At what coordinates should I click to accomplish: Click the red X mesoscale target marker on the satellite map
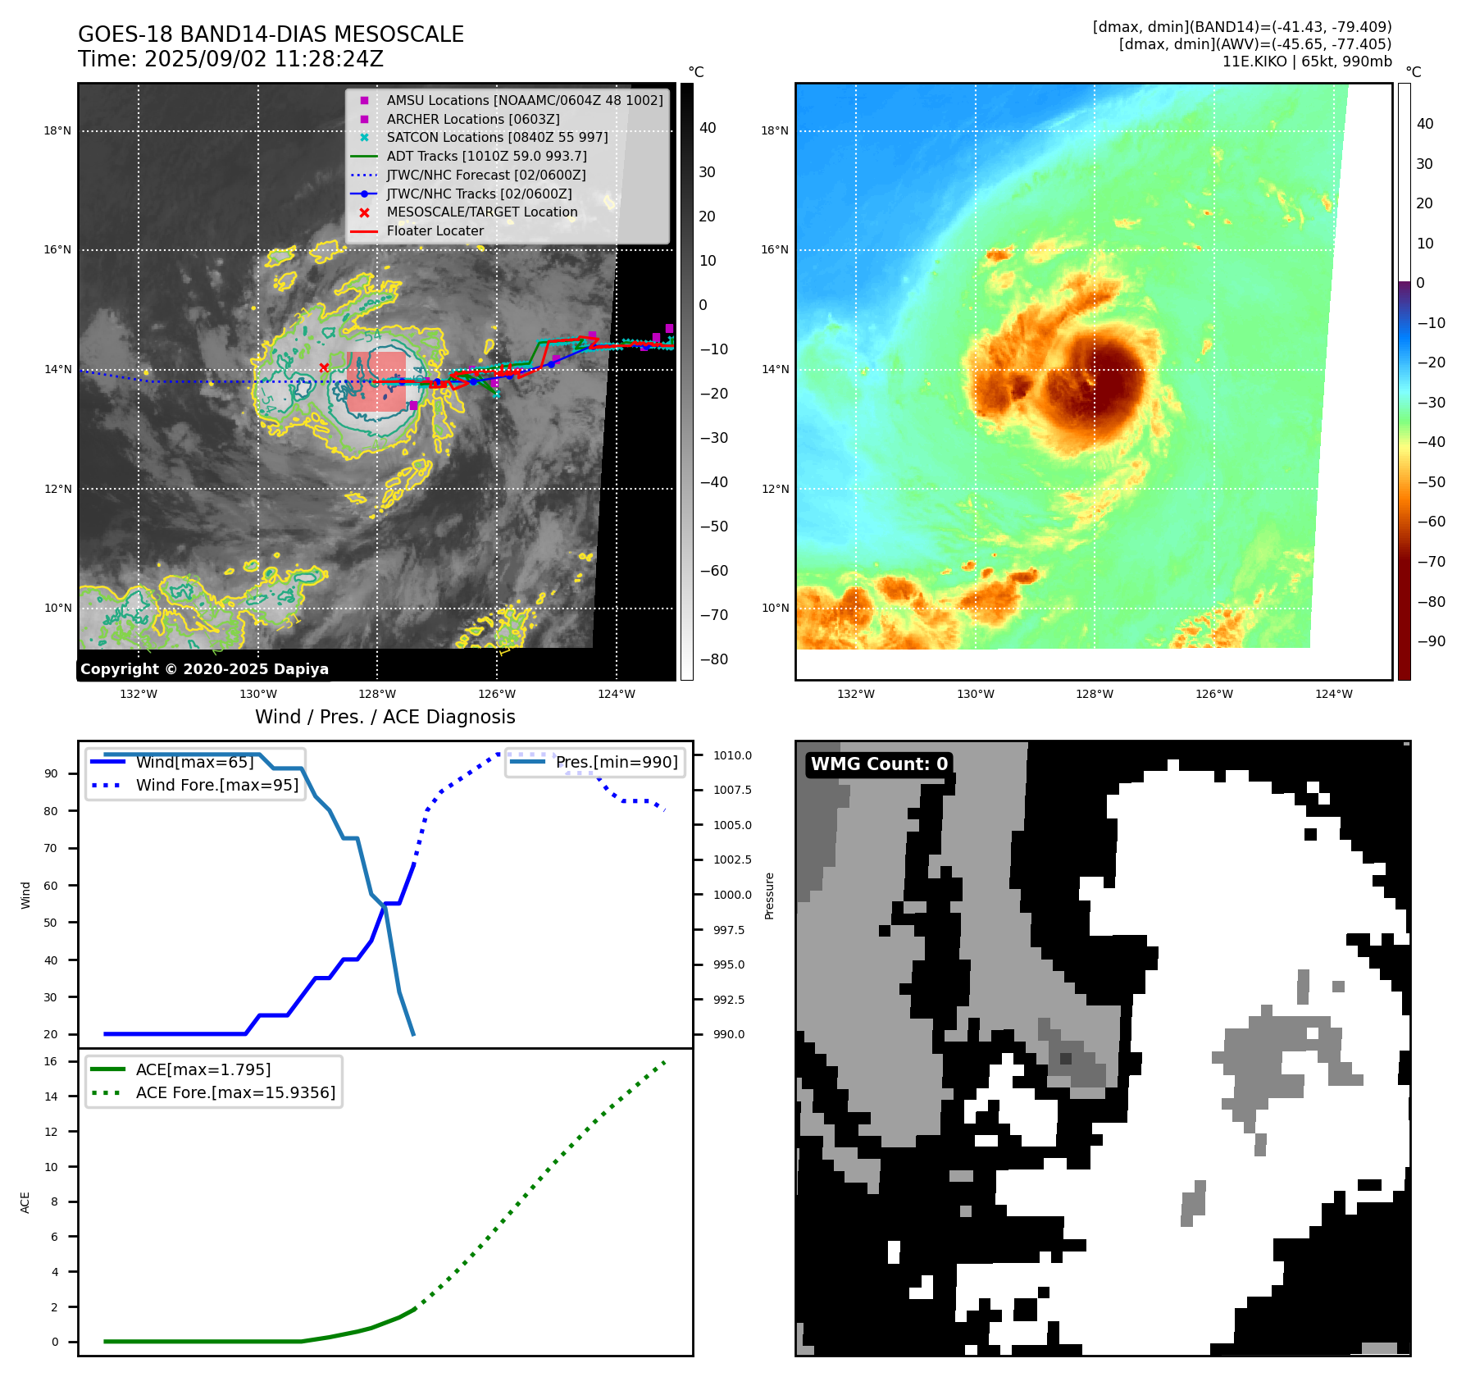pos(324,367)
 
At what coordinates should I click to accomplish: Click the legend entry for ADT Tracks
pos(486,156)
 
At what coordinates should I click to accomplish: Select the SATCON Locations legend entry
pos(497,137)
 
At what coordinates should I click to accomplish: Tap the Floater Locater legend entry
pos(435,230)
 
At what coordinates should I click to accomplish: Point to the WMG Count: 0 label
pos(879,764)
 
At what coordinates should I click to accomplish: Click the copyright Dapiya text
pos(204,669)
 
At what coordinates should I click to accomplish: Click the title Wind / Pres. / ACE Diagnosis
pos(385,717)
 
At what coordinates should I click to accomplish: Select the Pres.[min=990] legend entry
pos(617,762)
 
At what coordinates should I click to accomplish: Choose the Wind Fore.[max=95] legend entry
pos(216,785)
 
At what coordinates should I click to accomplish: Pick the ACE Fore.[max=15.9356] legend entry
pos(235,1092)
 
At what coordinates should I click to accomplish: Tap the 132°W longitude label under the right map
pos(856,694)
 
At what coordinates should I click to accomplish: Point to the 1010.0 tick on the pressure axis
pos(732,755)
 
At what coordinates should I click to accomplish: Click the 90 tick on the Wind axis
pos(51,773)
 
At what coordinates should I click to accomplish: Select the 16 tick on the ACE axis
pos(51,1061)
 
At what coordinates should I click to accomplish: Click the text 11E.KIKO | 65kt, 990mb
pos(1307,62)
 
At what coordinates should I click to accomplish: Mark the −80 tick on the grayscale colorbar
pos(713,659)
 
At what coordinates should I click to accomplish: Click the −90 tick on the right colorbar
pos(1431,641)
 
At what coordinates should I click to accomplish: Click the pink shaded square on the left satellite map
pos(376,381)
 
